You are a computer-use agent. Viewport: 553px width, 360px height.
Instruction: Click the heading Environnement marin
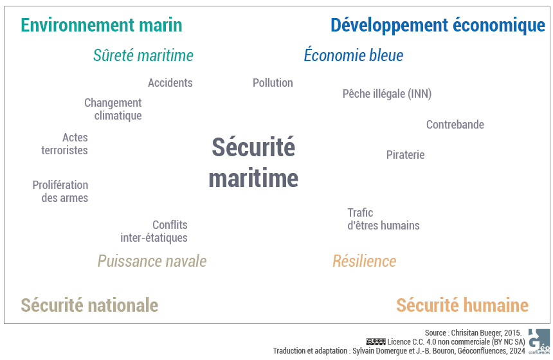point(102,25)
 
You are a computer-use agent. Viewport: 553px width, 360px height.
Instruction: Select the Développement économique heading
point(438,25)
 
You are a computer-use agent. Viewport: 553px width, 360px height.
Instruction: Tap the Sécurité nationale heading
point(89,305)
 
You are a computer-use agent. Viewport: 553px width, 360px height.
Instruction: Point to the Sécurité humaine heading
point(462,305)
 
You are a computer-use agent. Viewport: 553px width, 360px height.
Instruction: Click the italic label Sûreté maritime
point(143,55)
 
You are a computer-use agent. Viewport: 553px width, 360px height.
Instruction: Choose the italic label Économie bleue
point(354,55)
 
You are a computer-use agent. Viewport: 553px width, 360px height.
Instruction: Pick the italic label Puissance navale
point(152,261)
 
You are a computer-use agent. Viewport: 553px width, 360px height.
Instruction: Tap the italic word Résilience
point(365,261)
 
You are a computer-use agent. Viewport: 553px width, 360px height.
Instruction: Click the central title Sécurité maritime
point(253,162)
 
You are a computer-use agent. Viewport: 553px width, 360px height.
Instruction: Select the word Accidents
point(170,83)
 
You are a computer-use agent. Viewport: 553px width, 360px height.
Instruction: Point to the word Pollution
point(273,83)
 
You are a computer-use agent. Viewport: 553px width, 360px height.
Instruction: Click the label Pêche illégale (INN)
point(387,94)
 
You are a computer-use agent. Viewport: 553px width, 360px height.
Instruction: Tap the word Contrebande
point(455,125)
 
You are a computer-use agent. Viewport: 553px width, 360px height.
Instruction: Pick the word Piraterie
point(406,155)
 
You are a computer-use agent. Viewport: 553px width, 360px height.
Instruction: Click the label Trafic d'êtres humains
point(384,219)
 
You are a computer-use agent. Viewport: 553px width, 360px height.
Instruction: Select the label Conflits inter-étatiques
point(154,231)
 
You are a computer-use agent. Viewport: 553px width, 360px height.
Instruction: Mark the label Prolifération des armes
point(60,192)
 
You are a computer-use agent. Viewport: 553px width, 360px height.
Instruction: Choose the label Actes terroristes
point(64,144)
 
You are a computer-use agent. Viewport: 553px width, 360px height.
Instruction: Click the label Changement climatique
point(113,109)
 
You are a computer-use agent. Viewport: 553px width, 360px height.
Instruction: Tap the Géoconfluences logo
point(539,341)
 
